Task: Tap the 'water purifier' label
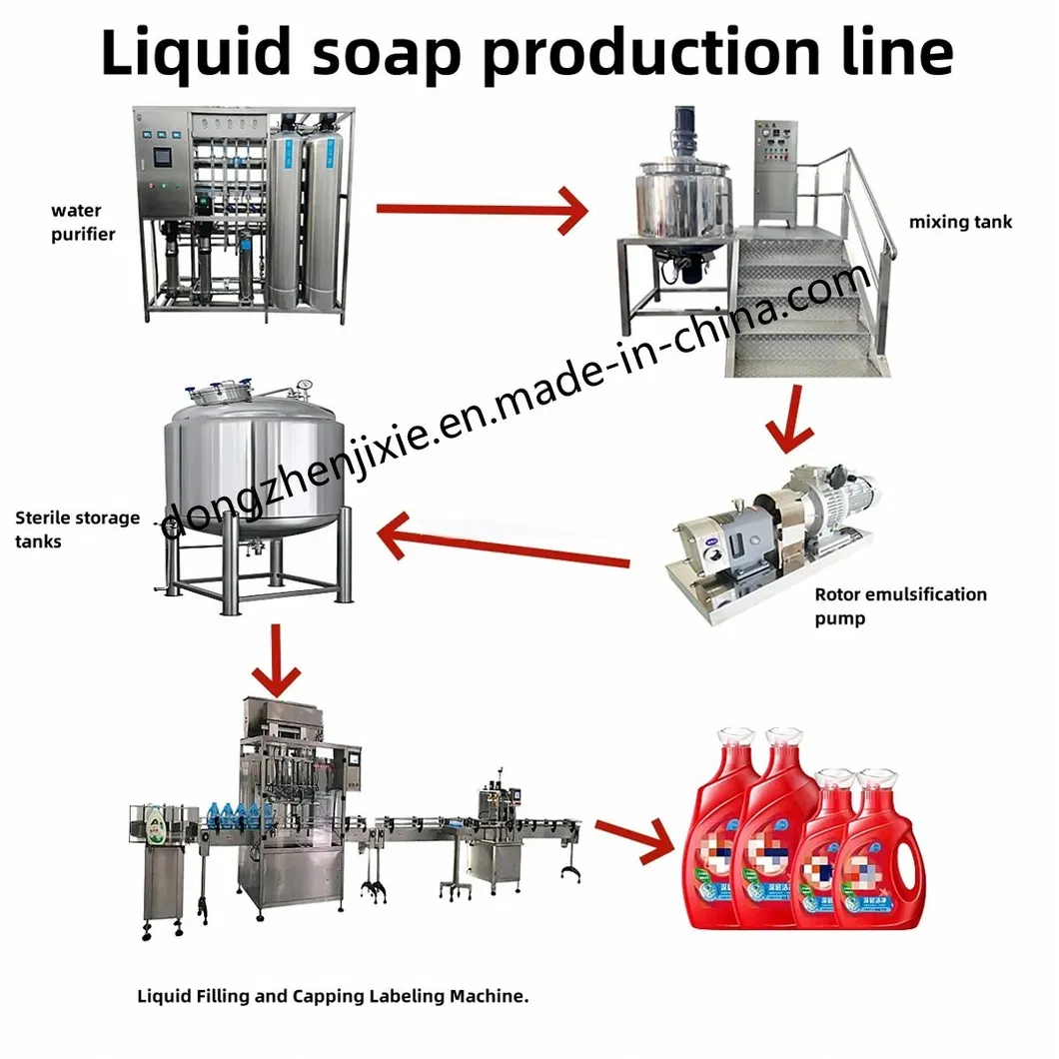coord(84,222)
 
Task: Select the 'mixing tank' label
coord(959,222)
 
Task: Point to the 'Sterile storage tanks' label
coord(76,529)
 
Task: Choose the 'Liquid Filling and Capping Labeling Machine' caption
coord(332,995)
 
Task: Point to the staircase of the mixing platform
coord(809,310)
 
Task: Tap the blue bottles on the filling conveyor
coord(236,813)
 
